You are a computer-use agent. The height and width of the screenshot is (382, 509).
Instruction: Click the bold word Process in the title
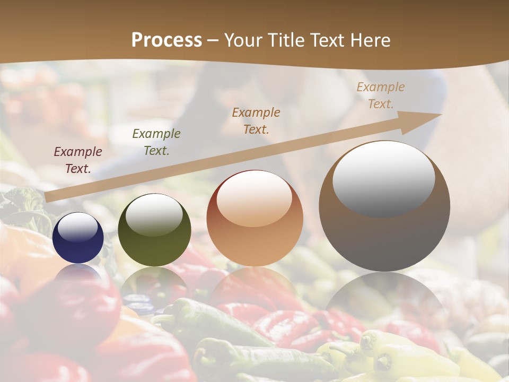166,40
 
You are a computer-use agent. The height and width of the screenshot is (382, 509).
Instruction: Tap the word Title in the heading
285,40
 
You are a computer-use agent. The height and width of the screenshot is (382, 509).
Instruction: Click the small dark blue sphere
78,238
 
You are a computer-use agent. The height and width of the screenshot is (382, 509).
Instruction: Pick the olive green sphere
154,230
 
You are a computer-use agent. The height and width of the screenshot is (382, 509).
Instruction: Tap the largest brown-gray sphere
384,207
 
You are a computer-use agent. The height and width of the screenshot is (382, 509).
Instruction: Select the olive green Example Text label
156,142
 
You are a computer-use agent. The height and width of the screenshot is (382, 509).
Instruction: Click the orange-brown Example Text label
256,121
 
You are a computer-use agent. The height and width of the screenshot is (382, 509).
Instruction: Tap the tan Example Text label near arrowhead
381,95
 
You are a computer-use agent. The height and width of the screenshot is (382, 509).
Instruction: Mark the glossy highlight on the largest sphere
383,178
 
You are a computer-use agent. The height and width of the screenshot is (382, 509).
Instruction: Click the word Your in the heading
242,40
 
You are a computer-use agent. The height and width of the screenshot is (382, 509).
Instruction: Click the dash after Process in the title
213,41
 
